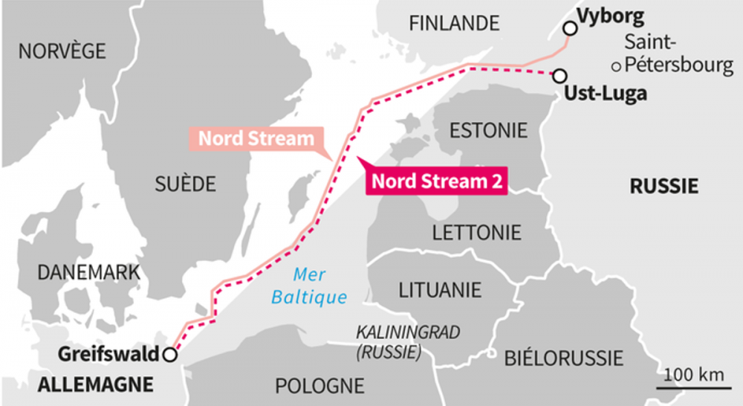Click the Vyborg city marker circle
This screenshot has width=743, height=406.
tap(570, 28)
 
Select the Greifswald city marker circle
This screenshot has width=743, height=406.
tap(170, 355)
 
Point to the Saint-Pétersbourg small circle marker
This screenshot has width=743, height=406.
tap(616, 67)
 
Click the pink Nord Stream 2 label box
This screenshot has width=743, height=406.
tap(437, 181)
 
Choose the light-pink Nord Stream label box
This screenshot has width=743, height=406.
tap(256, 138)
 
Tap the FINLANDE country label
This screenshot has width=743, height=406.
tap(454, 24)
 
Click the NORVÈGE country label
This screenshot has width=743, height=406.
tap(62, 51)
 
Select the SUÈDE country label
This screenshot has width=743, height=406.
tap(185, 183)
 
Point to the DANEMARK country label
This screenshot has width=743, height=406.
tap(88, 272)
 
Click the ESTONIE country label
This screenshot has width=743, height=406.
tap(488, 130)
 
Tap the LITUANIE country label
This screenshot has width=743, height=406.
tap(440, 289)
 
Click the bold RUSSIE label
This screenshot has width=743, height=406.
tap(663, 186)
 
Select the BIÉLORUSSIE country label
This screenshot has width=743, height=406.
tap(563, 358)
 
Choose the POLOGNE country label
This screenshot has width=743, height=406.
tap(319, 386)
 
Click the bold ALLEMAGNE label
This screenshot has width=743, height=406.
tap(94, 384)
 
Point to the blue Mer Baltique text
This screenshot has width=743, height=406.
tap(309, 286)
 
